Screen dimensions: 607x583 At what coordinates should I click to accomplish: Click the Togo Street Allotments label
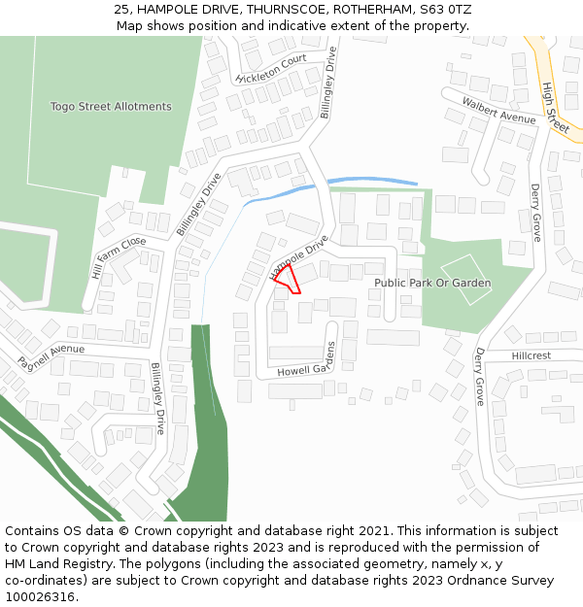coord(111,107)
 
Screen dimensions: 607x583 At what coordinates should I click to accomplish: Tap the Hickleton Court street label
coord(271,68)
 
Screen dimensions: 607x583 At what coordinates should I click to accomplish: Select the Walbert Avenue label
coord(499,111)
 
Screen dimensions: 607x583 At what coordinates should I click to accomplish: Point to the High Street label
coord(555,108)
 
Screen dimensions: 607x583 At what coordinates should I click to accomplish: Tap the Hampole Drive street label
coord(299,258)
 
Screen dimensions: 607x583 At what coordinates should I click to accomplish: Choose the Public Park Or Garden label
coord(432,283)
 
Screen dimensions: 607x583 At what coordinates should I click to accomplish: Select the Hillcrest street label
coord(531,356)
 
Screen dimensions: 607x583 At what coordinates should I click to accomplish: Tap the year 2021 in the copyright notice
coord(372,531)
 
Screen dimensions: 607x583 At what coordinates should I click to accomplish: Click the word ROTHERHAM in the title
coord(370,9)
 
